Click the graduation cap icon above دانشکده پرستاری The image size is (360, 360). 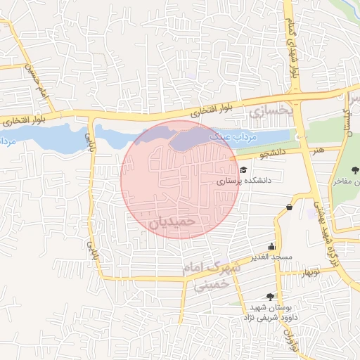coord(243,169)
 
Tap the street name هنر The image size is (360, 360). coord(319,149)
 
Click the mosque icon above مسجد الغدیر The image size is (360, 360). coord(271,246)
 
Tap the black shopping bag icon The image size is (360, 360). coord(290,207)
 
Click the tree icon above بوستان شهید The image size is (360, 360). coord(270,297)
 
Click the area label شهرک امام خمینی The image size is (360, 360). coord(205,275)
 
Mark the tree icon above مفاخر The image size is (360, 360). coord(356,169)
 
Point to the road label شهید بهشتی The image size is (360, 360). coord(323,215)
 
